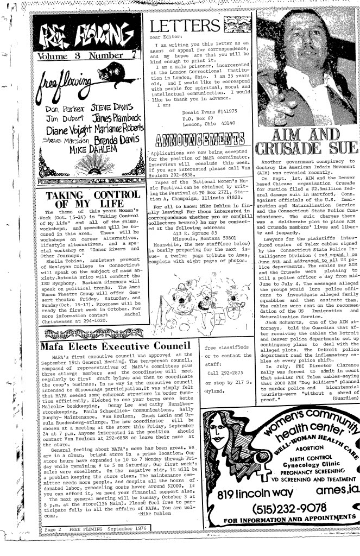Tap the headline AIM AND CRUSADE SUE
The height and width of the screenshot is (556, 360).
[309, 142]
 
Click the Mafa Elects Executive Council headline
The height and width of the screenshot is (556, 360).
[111, 346]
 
